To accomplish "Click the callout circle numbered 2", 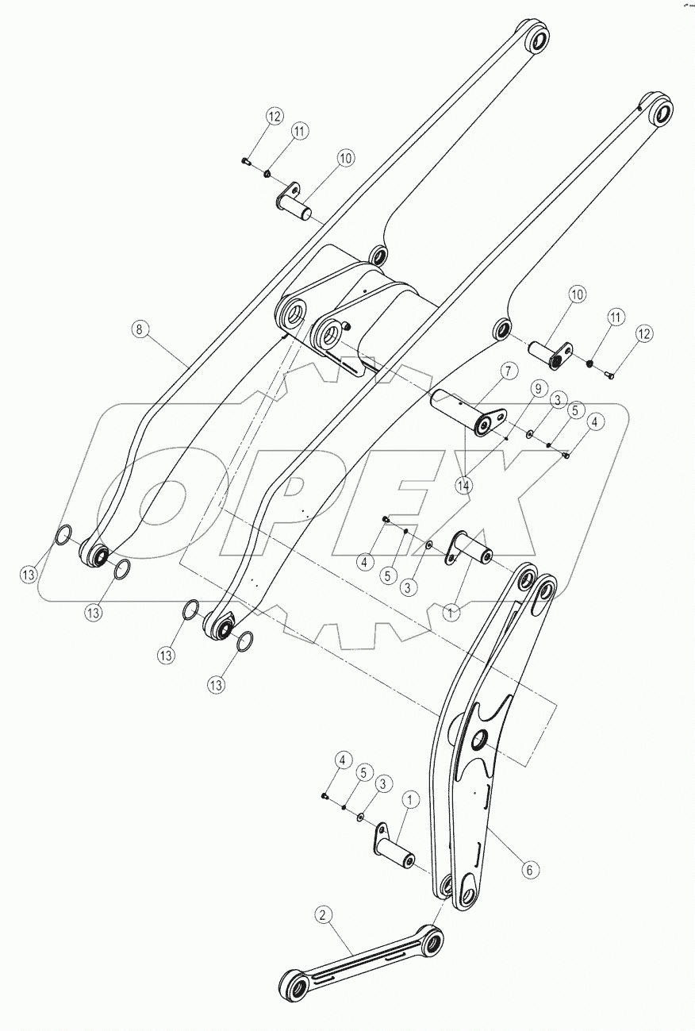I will pyautogui.click(x=322, y=915).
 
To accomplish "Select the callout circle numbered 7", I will pyautogui.click(x=509, y=371).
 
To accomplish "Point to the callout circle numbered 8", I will pyautogui.click(x=140, y=329).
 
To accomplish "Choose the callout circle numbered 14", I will pyautogui.click(x=464, y=485).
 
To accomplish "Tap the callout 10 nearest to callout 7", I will pyautogui.click(x=577, y=294).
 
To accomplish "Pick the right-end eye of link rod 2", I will pyautogui.click(x=432, y=941).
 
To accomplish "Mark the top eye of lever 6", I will pyautogui.click(x=544, y=588).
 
